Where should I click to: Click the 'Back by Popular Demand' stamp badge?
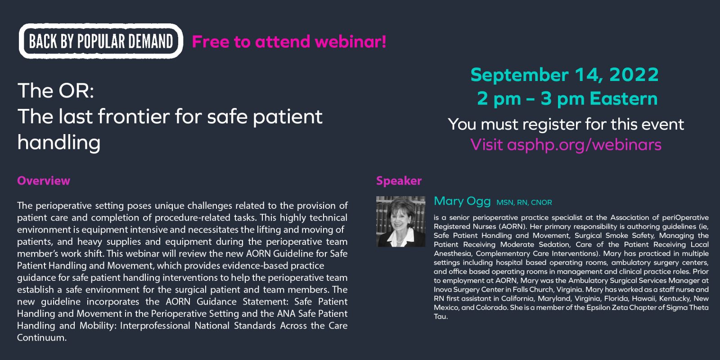click(101, 41)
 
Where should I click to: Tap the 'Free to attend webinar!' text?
click(289, 42)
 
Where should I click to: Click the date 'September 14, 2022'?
click(565, 75)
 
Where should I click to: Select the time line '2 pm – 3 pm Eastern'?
click(567, 99)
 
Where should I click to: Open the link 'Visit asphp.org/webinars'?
click(566, 144)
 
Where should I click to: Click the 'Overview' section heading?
click(44, 180)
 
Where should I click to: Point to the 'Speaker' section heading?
click(399, 180)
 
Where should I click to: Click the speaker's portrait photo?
click(401, 221)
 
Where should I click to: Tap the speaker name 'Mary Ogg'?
click(462, 201)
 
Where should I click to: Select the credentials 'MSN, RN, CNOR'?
click(524, 202)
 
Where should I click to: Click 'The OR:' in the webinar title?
click(56, 90)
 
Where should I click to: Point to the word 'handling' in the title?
click(59, 143)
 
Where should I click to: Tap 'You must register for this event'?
click(566, 124)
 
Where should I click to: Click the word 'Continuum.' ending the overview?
click(42, 337)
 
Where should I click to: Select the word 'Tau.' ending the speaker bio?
click(441, 317)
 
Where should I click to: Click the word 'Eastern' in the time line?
click(624, 99)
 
